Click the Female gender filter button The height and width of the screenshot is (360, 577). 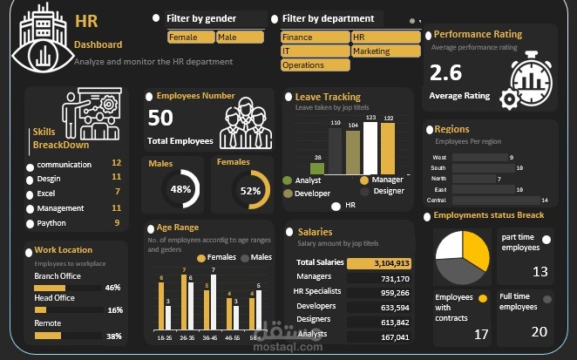(190, 37)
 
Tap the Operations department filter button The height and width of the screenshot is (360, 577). (314, 65)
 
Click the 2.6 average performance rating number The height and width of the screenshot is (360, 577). (445, 73)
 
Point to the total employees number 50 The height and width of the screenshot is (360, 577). (160, 119)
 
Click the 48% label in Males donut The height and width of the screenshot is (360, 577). (180, 189)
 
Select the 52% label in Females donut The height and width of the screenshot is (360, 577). (250, 190)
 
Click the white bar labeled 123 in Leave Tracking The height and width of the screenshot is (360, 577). (370, 147)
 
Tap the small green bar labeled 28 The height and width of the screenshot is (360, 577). (318, 168)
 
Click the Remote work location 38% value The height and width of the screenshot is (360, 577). (112, 336)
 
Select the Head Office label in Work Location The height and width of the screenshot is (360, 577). (54, 298)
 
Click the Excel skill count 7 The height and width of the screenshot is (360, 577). (117, 192)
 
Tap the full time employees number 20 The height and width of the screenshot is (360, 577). (540, 332)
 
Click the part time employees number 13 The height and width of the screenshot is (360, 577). (540, 273)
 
